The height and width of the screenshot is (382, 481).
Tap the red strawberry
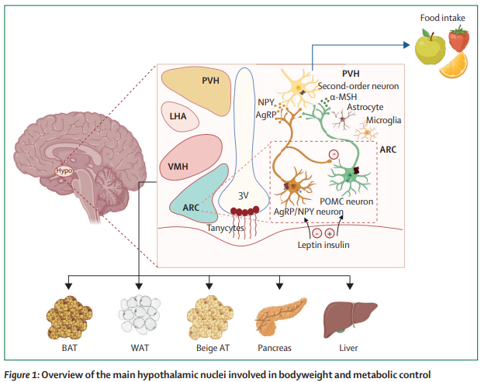(x=459, y=38)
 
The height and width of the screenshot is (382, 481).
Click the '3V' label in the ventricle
(x=243, y=195)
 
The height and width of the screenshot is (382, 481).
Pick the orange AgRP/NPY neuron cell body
(x=294, y=186)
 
